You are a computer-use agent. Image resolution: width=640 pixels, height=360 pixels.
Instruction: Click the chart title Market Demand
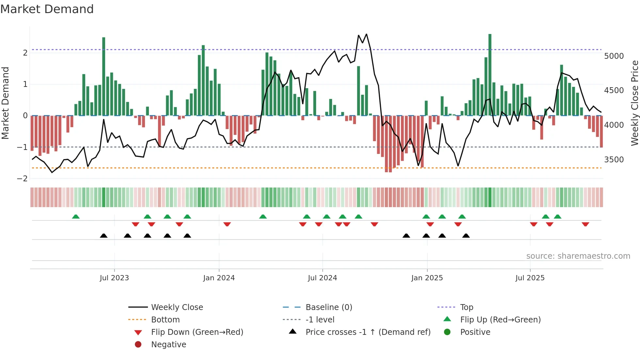47,9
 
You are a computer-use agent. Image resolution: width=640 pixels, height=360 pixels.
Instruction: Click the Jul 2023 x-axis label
114,278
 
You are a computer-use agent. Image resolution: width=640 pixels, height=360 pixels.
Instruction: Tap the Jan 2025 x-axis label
427,278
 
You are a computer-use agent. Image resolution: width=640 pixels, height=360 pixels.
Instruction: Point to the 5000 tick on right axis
614,56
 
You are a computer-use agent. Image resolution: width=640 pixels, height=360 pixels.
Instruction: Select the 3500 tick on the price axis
614,160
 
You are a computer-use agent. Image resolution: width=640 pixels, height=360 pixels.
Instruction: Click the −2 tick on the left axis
22,179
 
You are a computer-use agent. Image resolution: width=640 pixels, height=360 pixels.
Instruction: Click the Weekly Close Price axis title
634,103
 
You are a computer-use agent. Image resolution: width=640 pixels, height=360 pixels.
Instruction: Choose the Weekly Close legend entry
177,307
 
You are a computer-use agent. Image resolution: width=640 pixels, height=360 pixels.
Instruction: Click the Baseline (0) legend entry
328,307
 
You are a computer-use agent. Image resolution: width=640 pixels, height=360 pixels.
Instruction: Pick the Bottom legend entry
165,320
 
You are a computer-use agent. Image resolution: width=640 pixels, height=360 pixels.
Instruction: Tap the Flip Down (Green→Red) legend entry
197,332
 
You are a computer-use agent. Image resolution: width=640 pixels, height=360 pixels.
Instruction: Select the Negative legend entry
168,345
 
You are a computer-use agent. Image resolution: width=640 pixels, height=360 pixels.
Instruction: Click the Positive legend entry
475,332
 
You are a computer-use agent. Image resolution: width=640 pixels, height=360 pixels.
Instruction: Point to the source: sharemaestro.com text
578,256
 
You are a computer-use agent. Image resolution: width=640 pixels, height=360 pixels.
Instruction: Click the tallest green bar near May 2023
104,77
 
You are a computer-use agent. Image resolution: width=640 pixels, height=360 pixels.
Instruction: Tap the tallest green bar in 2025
490,75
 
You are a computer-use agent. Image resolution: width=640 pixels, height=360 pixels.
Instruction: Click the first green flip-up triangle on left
76,217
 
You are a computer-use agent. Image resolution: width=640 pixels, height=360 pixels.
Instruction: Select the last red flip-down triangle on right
585,224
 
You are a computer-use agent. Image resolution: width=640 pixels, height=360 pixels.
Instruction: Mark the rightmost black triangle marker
466,236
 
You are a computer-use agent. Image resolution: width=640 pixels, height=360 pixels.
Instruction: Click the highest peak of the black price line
366,34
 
